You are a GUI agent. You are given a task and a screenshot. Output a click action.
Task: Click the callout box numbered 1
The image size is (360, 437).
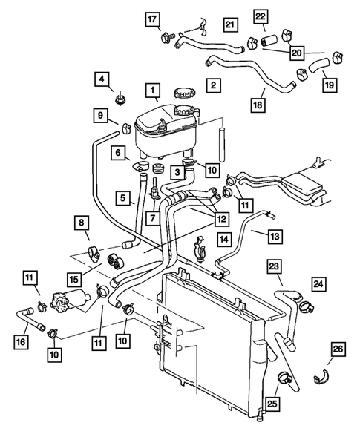pos(152,90)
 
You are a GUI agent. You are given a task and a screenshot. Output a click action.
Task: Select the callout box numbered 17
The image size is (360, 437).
pos(152,19)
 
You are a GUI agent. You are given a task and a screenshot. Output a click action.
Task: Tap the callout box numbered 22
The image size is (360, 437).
pos(261,16)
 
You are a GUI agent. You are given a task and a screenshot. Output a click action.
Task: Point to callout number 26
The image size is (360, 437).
pos(338,349)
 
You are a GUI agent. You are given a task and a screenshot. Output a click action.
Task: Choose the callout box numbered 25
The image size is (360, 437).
pos(272,404)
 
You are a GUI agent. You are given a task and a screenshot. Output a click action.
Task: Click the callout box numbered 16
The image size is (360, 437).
pos(22,342)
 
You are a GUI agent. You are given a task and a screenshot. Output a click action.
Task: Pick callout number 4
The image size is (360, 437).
pos(102,79)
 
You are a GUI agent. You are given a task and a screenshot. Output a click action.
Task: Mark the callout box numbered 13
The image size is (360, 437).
pos(275,237)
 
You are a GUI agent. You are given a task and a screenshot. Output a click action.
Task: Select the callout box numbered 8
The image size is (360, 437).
pos(82,223)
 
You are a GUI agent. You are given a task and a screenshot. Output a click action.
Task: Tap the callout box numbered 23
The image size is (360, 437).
pos(275,266)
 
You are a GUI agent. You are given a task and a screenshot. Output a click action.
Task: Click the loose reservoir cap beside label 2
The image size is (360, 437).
pos(184,93)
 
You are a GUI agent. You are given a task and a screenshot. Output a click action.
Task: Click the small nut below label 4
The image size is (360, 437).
pos(120,99)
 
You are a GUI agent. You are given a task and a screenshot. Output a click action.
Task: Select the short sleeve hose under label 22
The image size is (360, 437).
pos(268,40)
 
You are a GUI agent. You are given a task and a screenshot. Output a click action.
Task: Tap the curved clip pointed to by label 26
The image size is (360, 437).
pos(321,377)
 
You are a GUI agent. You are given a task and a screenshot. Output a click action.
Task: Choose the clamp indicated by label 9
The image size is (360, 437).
pos(126,128)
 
